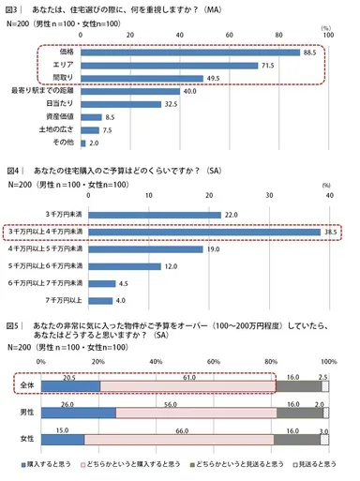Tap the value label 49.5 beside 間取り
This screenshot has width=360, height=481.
(x=211, y=79)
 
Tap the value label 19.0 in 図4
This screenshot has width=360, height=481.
(x=210, y=250)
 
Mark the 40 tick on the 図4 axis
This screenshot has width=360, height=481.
(x=329, y=197)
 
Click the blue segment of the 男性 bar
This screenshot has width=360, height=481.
(x=78, y=413)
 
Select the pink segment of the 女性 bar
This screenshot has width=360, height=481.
(x=178, y=439)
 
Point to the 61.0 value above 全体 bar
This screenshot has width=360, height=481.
(x=189, y=375)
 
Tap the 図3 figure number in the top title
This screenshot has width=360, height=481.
(x=14, y=8)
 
